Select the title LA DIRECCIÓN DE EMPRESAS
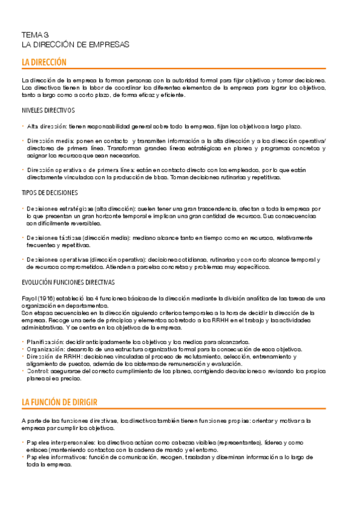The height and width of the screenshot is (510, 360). [75, 45]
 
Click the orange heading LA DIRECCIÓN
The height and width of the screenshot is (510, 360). [44, 63]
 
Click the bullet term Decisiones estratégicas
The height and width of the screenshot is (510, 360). [59, 208]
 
